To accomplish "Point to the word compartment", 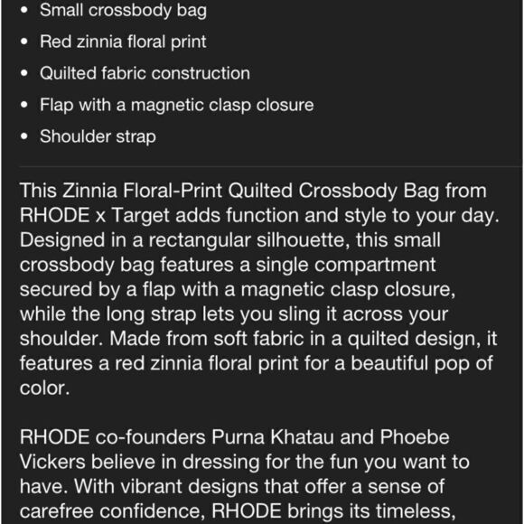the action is pyautogui.click(x=370, y=267).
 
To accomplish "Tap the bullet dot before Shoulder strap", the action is pyautogui.click(x=23, y=137).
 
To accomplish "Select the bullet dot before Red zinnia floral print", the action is pyautogui.click(x=23, y=42).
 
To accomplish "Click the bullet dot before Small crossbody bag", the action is pyautogui.click(x=23, y=11).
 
